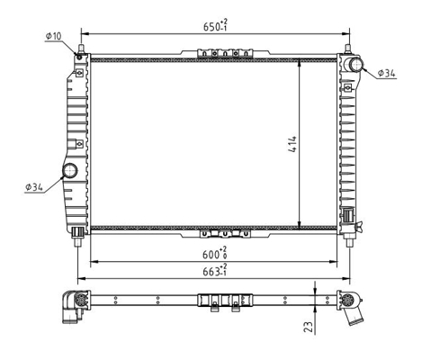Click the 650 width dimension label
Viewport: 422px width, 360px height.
point(216,26)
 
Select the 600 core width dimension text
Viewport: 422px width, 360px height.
point(215,254)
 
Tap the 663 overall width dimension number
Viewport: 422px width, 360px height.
point(215,271)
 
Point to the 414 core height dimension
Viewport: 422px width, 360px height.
point(292,144)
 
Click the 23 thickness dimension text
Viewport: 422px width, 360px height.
point(309,327)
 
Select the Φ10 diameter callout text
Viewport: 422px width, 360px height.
point(53,36)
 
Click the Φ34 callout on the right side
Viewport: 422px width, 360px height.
point(387,73)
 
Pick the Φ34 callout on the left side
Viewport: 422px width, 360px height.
point(34,187)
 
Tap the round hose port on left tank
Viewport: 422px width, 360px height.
point(70,170)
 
